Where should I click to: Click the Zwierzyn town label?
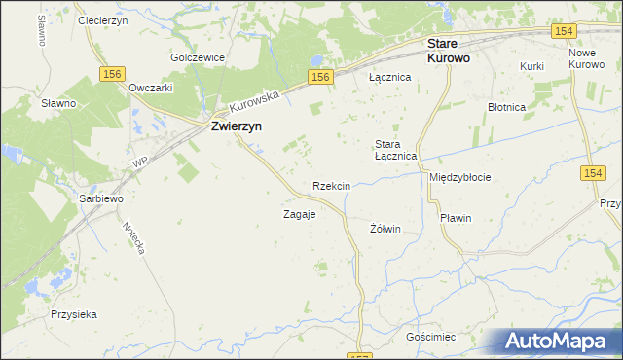click(x=235, y=126)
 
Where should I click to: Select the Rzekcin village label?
click(x=331, y=185)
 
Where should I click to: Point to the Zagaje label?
click(x=299, y=214)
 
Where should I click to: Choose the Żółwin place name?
click(x=385, y=229)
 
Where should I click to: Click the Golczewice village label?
click(x=198, y=57)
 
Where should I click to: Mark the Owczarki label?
click(x=151, y=87)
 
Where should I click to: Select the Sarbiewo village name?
click(x=101, y=198)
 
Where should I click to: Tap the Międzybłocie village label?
click(x=459, y=178)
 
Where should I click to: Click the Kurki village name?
click(x=531, y=65)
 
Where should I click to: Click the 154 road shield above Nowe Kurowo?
click(x=563, y=31)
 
